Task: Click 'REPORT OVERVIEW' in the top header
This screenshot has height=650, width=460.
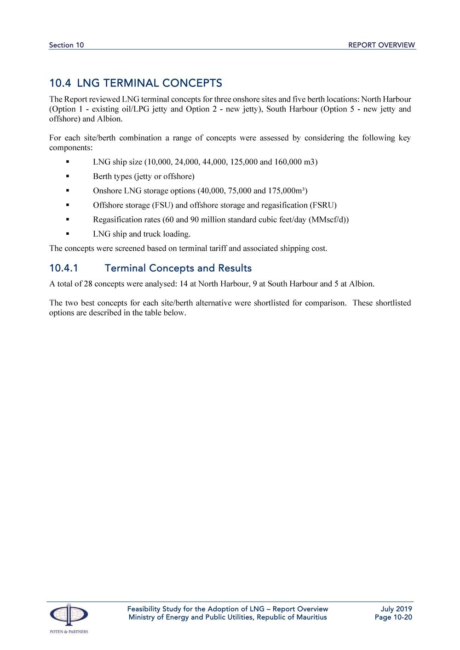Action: click(381, 45)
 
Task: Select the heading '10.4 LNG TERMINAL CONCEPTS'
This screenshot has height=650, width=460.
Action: click(136, 83)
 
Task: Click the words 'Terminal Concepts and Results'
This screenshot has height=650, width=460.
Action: click(178, 268)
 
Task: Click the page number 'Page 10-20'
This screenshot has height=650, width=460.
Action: click(393, 617)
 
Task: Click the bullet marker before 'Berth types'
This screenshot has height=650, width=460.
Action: click(67, 176)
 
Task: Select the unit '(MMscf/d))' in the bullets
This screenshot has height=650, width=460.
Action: click(328, 220)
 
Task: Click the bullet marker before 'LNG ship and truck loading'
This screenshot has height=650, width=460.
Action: click(67, 234)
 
